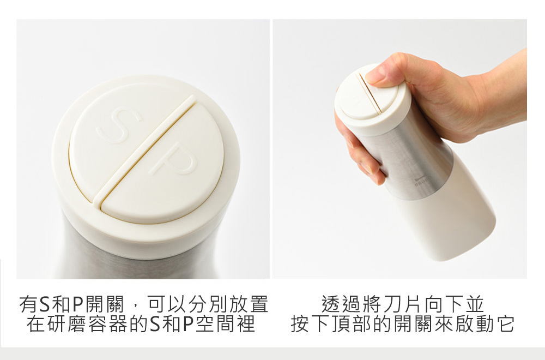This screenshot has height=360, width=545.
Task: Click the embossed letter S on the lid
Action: [x=118, y=124]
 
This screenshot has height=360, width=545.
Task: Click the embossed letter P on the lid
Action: [x=174, y=159]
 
